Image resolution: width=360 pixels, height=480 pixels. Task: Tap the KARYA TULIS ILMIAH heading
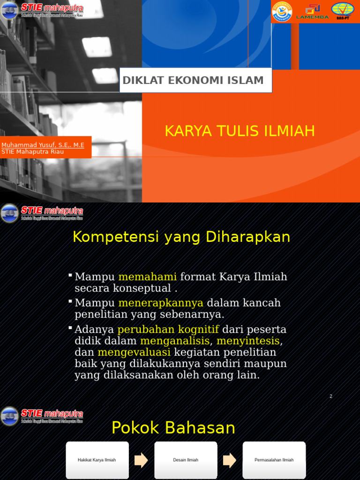pyautogui.click(x=240, y=131)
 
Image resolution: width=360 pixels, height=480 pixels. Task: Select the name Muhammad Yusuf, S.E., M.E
pyautogui.click(x=43, y=145)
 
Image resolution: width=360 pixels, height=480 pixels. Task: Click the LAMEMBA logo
pyautogui.click(x=312, y=12)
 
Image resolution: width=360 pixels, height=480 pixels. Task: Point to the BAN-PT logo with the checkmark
pyautogui.click(x=343, y=11)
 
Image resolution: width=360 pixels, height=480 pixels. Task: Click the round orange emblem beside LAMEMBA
pyautogui.click(x=282, y=11)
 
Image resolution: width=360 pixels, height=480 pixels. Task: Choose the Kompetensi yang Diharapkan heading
pyautogui.click(x=181, y=237)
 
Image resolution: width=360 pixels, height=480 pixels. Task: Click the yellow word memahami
pyautogui.click(x=147, y=277)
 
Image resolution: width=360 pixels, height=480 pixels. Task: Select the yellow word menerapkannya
pyautogui.click(x=161, y=303)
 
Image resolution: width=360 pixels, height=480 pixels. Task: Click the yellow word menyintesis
pyautogui.click(x=248, y=341)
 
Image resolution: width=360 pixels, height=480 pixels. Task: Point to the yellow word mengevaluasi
pyautogui.click(x=134, y=352)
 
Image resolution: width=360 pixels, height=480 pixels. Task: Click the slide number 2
pyautogui.click(x=330, y=397)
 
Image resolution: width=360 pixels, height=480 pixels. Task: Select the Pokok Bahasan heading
pyautogui.click(x=173, y=428)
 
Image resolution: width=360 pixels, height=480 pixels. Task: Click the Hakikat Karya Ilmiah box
pyautogui.click(x=97, y=460)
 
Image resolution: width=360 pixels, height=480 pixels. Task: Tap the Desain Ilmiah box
pyautogui.click(x=186, y=460)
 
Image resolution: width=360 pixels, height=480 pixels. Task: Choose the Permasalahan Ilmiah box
pyautogui.click(x=274, y=460)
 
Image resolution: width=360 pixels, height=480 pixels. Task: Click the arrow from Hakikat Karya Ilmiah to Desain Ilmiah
pyautogui.click(x=141, y=460)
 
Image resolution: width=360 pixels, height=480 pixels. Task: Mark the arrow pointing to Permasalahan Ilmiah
pyautogui.click(x=230, y=460)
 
